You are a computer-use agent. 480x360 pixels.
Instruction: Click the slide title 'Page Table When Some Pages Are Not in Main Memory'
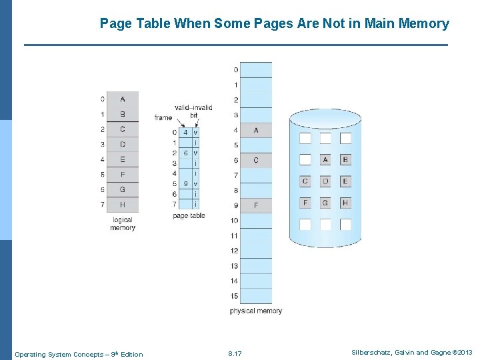pos(274,24)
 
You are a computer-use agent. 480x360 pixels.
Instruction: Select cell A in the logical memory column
pos(122,99)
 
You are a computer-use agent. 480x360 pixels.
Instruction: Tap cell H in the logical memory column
pos(122,205)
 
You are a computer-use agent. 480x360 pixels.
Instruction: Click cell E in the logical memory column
pos(122,159)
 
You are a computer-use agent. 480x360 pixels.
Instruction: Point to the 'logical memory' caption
pos(123,223)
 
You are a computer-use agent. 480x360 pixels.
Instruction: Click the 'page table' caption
pos(189,216)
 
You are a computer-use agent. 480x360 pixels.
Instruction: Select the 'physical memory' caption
pos(256,311)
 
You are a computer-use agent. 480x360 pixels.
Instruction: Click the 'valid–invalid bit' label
pos(193,111)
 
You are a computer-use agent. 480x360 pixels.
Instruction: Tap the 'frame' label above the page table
pos(163,118)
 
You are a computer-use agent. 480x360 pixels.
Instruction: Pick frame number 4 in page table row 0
pos(185,133)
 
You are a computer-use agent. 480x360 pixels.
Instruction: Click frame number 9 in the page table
pos(185,184)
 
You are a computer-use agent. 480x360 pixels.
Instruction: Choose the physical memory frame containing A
pos(256,130)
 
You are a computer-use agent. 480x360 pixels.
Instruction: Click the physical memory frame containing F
pos(256,205)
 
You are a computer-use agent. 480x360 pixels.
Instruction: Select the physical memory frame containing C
pos(256,160)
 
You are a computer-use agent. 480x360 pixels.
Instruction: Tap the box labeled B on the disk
pos(345,160)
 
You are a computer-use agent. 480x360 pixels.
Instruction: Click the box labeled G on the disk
pos(325,203)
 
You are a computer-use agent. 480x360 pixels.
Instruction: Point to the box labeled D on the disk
pos(325,181)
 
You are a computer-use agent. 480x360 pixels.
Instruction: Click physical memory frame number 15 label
pos(234,296)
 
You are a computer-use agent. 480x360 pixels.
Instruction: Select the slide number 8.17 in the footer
pos(235,354)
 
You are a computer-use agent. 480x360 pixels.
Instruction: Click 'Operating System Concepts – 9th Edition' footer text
pos(79,354)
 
